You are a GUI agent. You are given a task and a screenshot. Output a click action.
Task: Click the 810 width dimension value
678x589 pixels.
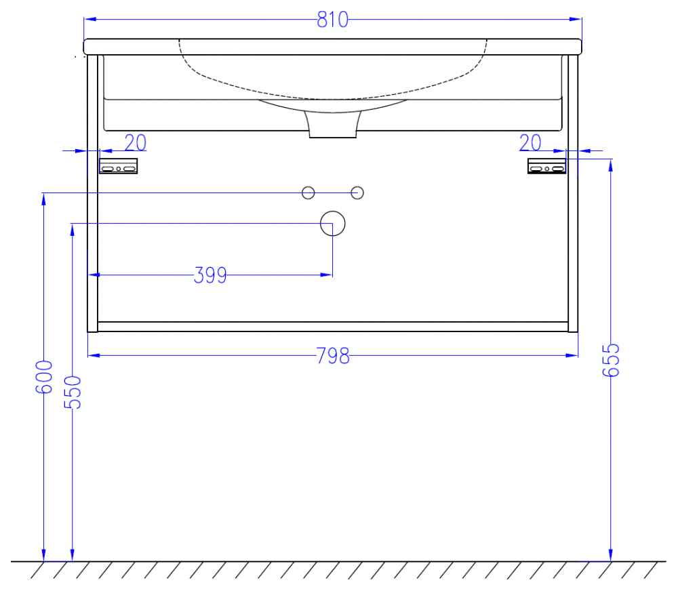pyautogui.click(x=332, y=20)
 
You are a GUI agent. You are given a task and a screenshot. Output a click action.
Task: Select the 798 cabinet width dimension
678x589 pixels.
pyautogui.click(x=333, y=356)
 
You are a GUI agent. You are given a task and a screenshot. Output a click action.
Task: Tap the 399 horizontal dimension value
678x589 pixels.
pyautogui.click(x=210, y=275)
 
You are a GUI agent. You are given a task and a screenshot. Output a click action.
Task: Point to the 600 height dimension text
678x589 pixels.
pyautogui.click(x=43, y=377)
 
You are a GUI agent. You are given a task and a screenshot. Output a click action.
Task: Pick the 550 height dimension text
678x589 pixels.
pyautogui.click(x=73, y=392)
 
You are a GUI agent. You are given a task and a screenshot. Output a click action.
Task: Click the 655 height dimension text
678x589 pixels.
pyautogui.click(x=611, y=361)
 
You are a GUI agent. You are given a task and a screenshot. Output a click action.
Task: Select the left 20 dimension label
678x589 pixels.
pyautogui.click(x=136, y=143)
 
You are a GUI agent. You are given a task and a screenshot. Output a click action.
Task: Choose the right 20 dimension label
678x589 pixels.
pyautogui.click(x=530, y=143)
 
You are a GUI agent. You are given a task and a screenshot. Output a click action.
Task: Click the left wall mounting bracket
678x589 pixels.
pyautogui.click(x=119, y=166)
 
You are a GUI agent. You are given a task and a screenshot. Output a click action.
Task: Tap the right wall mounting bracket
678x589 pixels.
pyautogui.click(x=547, y=166)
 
